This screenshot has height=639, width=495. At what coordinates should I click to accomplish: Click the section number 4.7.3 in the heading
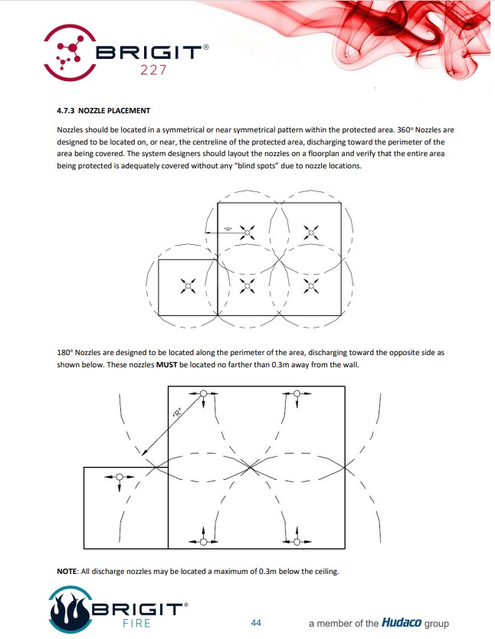(x=67, y=110)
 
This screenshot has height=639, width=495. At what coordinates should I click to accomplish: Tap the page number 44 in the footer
(x=256, y=623)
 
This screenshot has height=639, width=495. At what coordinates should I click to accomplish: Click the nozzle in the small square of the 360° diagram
(x=188, y=286)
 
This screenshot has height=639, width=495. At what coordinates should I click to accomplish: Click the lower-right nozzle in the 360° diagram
(x=310, y=286)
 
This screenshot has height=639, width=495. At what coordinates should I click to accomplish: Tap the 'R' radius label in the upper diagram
(x=228, y=229)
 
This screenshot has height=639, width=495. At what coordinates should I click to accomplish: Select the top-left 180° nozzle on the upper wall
(x=203, y=394)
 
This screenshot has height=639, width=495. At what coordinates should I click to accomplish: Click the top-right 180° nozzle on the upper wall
(x=297, y=394)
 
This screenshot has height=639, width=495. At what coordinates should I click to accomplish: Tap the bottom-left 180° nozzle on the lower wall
(x=203, y=541)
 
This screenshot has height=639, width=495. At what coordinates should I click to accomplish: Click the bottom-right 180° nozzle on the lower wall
(x=297, y=541)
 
